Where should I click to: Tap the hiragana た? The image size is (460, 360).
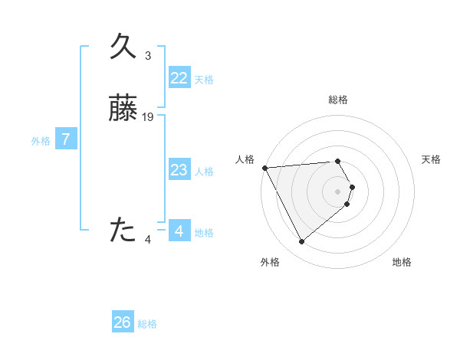point(123,229)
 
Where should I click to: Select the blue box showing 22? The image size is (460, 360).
point(179,78)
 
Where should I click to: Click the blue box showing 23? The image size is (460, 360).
point(179,170)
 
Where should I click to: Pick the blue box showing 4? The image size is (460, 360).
point(179,231)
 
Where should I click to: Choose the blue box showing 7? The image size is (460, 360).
point(66,139)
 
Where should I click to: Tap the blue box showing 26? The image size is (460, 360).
point(123,322)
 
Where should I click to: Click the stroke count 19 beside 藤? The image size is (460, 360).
point(149,116)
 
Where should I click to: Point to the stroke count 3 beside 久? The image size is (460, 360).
point(148,56)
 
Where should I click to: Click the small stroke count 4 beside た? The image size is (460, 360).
point(148,240)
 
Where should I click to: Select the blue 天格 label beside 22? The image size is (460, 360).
point(204,80)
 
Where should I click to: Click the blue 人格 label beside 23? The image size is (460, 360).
point(204,172)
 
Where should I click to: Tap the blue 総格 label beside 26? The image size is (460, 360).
point(147,324)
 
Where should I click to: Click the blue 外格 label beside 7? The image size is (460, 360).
point(41,141)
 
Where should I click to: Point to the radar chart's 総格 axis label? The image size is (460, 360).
point(338,100)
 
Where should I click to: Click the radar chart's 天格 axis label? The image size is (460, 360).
point(432,159)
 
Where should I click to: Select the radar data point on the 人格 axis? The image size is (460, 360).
point(264,168)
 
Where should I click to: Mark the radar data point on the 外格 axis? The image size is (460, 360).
point(302,242)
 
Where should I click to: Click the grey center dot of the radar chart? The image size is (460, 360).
point(338,191)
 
